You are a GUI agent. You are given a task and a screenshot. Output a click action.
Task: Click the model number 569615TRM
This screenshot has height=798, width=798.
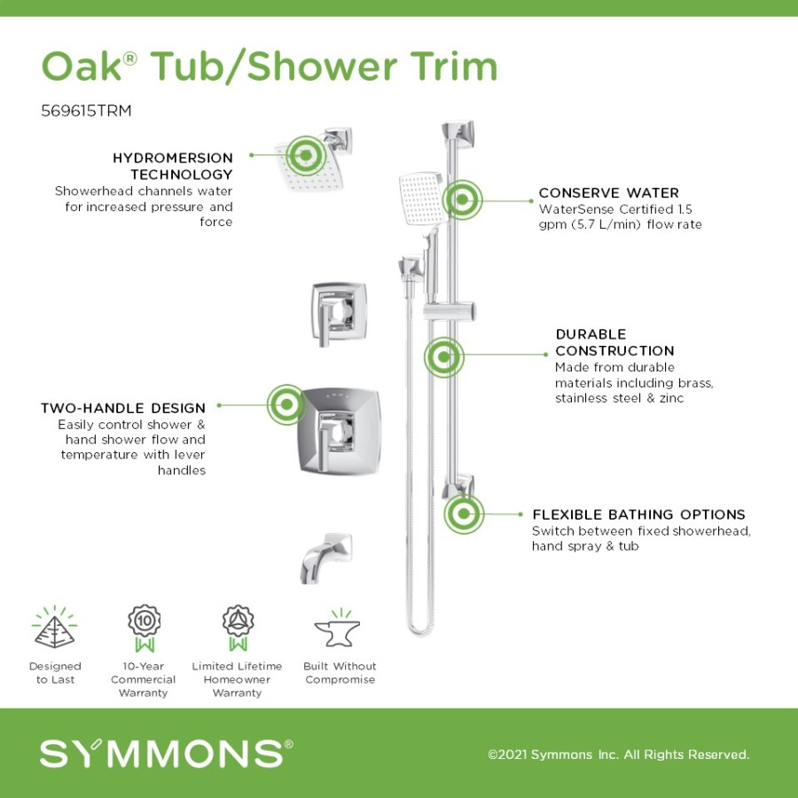coord(86,111)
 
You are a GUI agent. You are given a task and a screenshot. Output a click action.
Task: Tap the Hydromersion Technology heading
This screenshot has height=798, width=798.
coord(173,166)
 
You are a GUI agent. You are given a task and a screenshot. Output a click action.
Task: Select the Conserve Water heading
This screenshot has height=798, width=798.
coord(608,193)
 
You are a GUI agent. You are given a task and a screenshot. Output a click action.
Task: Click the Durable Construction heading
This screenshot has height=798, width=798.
coord(614,342)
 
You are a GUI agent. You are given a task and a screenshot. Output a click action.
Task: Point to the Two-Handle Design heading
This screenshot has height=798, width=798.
coord(123,408)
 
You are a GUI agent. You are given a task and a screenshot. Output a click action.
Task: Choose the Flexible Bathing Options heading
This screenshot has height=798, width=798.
coord(638,514)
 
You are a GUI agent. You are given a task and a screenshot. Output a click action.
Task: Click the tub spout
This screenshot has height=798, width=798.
coord(325,558)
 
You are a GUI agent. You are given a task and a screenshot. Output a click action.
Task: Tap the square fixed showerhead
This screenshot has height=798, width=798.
coord(310,167)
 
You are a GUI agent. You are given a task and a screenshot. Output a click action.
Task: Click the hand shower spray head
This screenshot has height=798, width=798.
coord(421,199)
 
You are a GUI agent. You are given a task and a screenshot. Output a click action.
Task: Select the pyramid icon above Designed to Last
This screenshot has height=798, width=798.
coord(54,629)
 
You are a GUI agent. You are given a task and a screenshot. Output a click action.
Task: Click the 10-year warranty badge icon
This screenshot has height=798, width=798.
coord(144,628)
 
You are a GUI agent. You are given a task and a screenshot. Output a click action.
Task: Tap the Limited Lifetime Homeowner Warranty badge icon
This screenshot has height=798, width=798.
coord(238,628)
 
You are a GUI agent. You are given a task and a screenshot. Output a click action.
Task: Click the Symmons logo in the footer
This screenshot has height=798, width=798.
coord(166,753)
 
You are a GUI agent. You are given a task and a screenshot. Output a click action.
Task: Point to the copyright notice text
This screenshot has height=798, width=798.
coord(618,755)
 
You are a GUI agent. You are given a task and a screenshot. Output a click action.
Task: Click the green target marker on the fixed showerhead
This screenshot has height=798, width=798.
coord(306,155)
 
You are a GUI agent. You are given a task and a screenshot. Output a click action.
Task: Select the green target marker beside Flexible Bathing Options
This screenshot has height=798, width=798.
coord(464,514)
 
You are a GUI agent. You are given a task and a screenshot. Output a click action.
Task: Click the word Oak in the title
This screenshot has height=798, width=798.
coord(82,66)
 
